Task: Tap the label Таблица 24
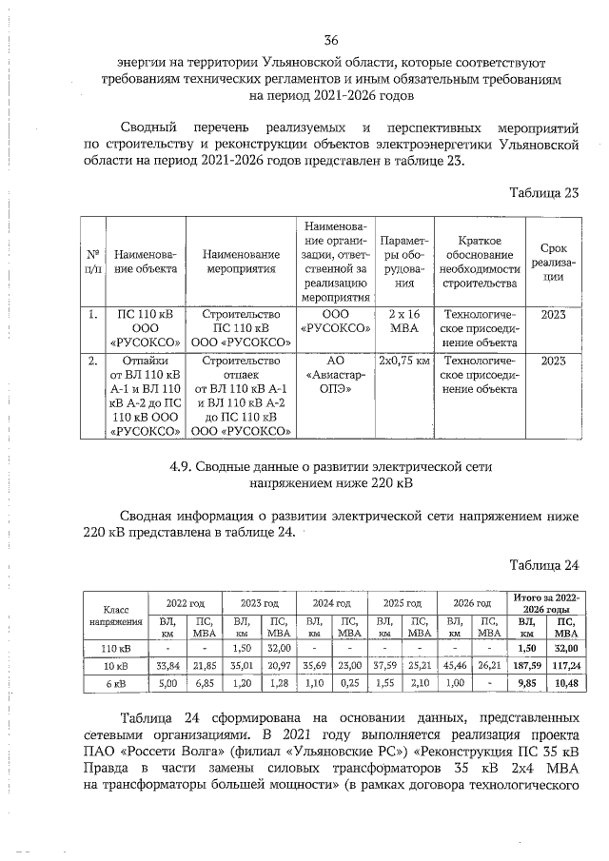pos(543,565)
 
